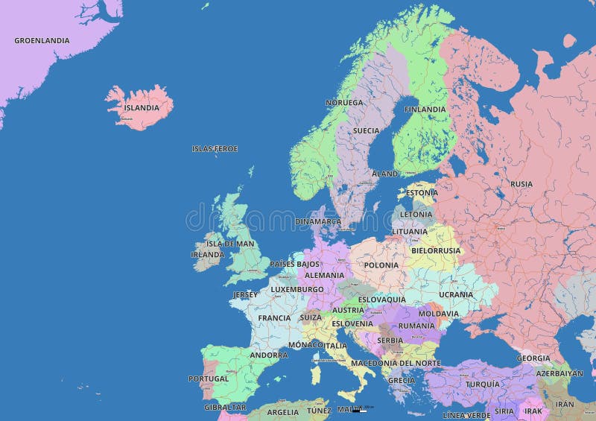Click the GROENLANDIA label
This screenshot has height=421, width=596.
[42, 40]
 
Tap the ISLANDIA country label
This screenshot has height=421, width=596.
[142, 107]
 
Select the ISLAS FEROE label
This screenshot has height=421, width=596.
[215, 148]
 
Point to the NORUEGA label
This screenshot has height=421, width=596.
[344, 102]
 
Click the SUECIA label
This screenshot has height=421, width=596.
[366, 130]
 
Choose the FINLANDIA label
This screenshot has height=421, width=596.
[425, 109]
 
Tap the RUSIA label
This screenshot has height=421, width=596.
[521, 183]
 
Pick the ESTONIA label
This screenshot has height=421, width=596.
[422, 192]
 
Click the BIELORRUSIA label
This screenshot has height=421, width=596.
[436, 250]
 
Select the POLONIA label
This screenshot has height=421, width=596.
[381, 265]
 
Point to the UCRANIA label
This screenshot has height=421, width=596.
[456, 294]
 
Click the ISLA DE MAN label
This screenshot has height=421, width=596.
[230, 244]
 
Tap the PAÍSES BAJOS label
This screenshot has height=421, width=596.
[294, 264]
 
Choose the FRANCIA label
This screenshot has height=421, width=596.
[274, 318]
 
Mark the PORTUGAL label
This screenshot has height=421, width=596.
[209, 379]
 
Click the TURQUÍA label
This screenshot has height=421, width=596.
[483, 384]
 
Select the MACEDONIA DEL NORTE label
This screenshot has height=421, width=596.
[396, 363]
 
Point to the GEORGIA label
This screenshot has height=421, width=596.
[533, 358]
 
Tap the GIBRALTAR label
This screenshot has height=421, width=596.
[225, 407]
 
